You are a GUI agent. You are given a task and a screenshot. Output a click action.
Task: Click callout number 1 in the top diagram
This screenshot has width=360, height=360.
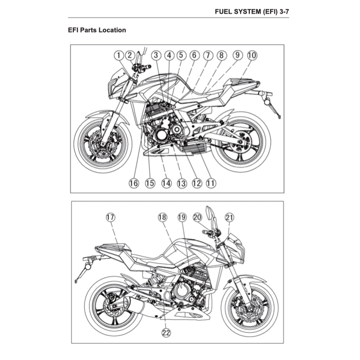(x=118, y=55)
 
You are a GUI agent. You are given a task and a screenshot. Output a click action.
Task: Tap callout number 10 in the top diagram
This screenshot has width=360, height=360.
(x=252, y=55)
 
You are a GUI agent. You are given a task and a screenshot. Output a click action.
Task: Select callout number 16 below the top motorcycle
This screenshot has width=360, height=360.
(x=134, y=183)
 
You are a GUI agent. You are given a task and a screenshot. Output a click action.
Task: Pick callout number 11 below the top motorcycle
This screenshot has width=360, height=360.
(x=211, y=183)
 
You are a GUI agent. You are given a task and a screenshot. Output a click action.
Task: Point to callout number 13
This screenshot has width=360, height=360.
(x=182, y=183)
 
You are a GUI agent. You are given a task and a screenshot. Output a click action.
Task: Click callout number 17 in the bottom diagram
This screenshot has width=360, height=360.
(x=110, y=218)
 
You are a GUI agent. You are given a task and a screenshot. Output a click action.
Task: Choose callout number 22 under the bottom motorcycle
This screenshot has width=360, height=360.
(x=166, y=333)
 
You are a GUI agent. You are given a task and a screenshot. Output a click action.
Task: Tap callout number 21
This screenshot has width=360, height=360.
(x=229, y=218)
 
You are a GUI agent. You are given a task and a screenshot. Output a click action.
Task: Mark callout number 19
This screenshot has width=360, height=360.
(x=182, y=218)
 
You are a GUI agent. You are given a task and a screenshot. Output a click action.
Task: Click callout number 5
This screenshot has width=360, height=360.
(x=180, y=55)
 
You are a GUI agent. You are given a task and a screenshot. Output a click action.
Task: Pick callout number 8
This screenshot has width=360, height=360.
(x=221, y=55)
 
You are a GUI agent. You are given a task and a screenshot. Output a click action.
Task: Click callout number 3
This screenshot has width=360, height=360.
(x=157, y=55)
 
